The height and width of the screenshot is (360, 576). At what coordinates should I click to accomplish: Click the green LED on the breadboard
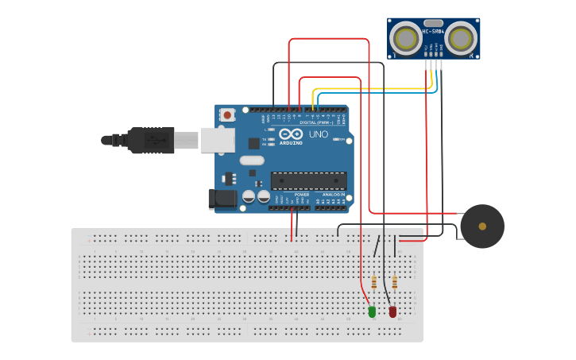pyautogui.click(x=372, y=312)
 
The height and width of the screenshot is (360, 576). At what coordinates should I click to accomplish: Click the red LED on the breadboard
pyautogui.click(x=392, y=312)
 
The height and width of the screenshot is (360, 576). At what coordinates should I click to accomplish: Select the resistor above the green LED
pyautogui.click(x=374, y=281)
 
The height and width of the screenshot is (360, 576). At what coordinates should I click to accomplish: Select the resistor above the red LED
pyautogui.click(x=395, y=281)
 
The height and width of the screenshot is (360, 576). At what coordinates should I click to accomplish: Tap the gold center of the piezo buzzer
pyautogui.click(x=482, y=226)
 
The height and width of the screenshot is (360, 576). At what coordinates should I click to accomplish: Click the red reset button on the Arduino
pyautogui.click(x=228, y=115)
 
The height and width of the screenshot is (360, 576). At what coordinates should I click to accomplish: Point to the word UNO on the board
pyautogui.click(x=318, y=134)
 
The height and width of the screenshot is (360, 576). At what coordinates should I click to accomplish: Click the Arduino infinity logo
pyautogui.click(x=290, y=134)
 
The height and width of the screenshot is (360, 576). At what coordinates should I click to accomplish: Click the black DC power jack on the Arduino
pyautogui.click(x=222, y=199)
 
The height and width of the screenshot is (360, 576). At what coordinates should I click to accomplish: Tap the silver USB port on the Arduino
pyautogui.click(x=216, y=140)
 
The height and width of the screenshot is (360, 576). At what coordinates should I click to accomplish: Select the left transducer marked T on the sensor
pyautogui.click(x=407, y=37)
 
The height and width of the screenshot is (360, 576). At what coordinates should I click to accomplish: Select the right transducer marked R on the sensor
pyautogui.click(x=461, y=37)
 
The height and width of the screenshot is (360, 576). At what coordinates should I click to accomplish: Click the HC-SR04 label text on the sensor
pyautogui.click(x=433, y=31)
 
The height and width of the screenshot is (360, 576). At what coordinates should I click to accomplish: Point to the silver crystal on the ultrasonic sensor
pyautogui.click(x=434, y=23)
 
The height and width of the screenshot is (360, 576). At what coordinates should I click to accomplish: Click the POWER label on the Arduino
pyautogui.click(x=302, y=194)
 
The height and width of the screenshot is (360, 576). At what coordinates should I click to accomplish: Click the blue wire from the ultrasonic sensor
pyautogui.click(x=373, y=94)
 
